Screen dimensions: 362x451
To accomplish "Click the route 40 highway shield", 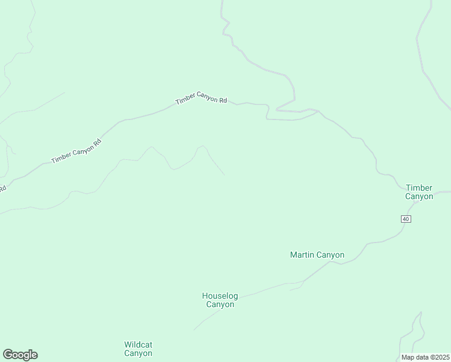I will [405, 218].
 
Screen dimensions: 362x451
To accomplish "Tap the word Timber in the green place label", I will [419, 188].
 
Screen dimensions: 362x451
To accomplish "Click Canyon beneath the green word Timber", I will [419, 197].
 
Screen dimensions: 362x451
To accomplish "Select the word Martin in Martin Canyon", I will [303, 255].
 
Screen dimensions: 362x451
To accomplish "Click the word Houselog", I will [220, 296].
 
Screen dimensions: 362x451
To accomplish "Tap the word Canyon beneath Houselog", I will [220, 305].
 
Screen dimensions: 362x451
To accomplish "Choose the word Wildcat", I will [138, 345].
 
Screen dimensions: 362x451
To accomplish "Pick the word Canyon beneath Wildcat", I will [138, 354].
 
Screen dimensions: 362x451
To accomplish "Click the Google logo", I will [20, 355].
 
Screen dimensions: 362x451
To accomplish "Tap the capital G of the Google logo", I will [8, 355].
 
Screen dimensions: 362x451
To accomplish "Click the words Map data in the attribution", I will [414, 357].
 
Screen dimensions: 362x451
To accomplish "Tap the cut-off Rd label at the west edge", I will [2, 189].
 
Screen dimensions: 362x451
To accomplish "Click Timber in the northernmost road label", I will [185, 101].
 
